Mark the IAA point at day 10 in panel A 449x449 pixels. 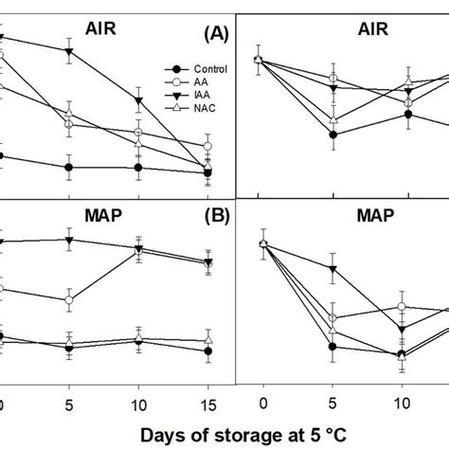[139, 101]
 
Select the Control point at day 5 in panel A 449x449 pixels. [68, 167]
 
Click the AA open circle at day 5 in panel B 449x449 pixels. [68, 299]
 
